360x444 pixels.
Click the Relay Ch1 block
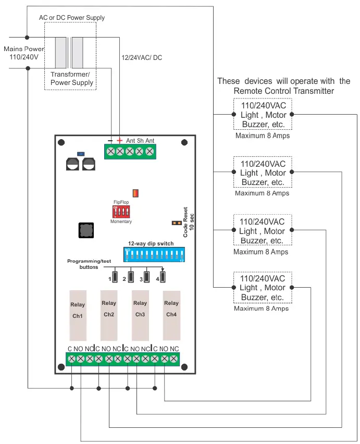click(78, 313)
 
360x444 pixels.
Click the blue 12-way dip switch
click(154, 254)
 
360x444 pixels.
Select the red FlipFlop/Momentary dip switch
click(121, 211)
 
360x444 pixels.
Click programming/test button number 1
click(116, 276)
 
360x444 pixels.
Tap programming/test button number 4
click(163, 276)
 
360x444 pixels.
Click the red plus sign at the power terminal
click(120, 140)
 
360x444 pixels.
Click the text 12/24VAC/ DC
click(141, 57)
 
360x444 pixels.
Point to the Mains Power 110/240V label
click(24, 52)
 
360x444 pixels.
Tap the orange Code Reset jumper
click(177, 223)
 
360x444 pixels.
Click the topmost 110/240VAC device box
click(262, 115)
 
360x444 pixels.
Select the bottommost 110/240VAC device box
click(262, 287)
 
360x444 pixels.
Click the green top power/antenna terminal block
click(130, 151)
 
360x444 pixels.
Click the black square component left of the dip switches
click(85, 230)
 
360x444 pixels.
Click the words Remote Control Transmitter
click(283, 91)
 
